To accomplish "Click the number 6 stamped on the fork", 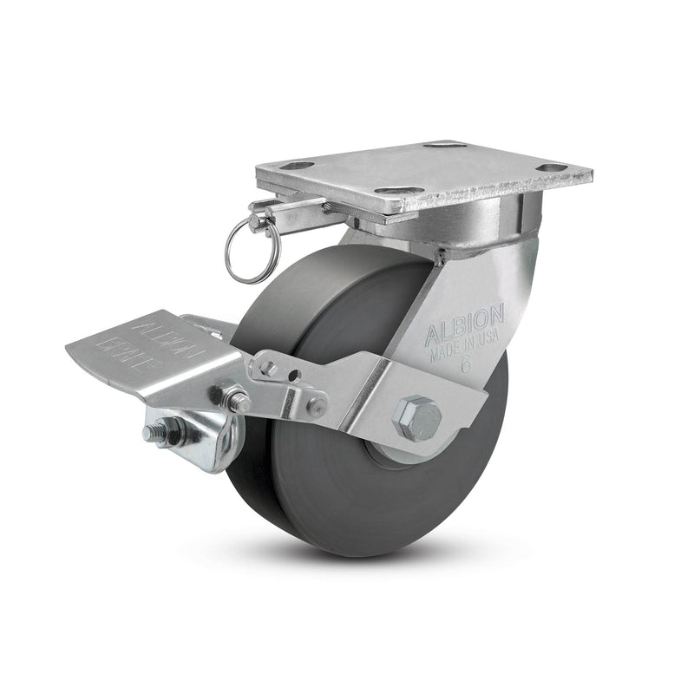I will pyautogui.click(x=466, y=367).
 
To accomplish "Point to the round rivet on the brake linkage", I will pyautogui.click(x=316, y=406).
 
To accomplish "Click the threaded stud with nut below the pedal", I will pyautogui.click(x=165, y=431).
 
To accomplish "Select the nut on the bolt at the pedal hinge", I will pyautogui.click(x=236, y=401).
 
